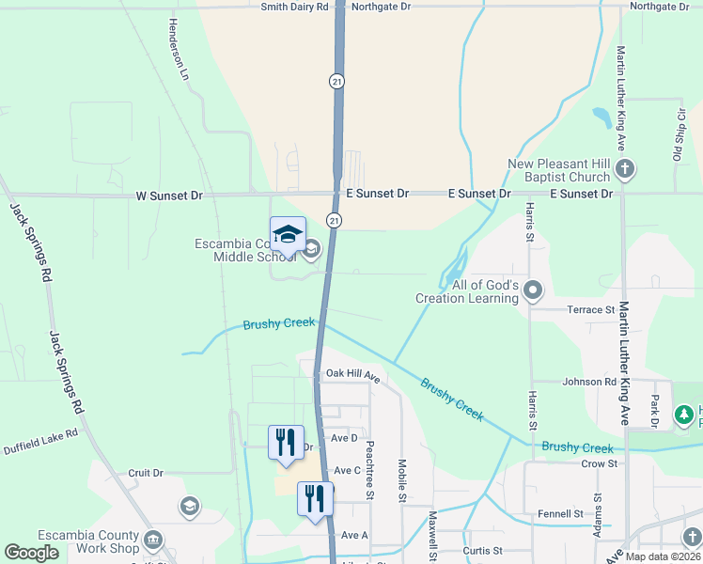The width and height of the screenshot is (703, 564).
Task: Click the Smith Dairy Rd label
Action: coord(295,7)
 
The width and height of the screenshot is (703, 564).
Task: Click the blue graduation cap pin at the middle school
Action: coord(288,235)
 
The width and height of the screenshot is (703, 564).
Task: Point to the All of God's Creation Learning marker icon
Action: coord(533,290)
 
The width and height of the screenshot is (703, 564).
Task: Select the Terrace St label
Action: coord(590,309)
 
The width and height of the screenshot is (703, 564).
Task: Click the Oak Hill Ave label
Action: coord(351,374)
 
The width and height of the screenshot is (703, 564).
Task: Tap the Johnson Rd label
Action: coord(588,382)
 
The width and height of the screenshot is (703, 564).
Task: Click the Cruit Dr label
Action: coord(146,473)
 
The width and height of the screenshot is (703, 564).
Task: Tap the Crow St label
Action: coord(599,463)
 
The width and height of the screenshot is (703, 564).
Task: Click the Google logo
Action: coord(31,553)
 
